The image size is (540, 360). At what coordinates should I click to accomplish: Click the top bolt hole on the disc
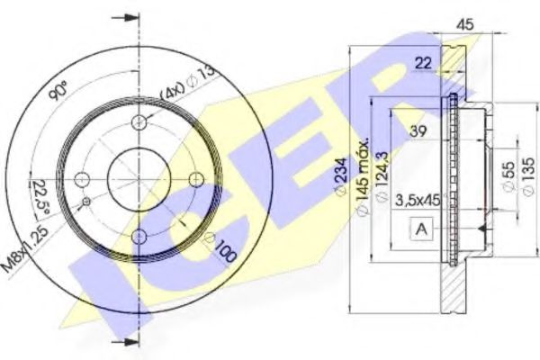(139, 122)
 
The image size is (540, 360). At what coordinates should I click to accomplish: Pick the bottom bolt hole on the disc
(139, 236)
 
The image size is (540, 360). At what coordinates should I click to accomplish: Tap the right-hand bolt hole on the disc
(195, 178)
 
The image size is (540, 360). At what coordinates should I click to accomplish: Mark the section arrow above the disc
(130, 18)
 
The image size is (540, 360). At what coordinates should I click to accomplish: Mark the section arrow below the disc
(130, 342)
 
